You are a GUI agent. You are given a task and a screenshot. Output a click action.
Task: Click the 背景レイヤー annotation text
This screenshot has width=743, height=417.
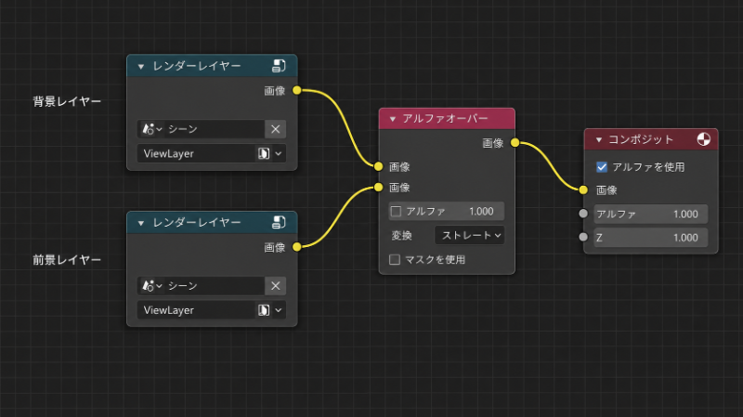[x=67, y=101]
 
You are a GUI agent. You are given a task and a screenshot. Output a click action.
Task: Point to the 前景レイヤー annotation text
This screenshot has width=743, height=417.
[x=67, y=260]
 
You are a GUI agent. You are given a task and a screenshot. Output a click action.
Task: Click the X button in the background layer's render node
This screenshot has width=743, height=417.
[x=275, y=129]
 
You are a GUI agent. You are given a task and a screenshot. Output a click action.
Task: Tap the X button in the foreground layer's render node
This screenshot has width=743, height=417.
[x=275, y=286]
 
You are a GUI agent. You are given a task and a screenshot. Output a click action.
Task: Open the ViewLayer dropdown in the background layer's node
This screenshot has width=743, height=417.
[x=212, y=153]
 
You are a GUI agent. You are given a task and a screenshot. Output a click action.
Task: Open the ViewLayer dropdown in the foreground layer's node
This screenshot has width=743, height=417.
[x=212, y=310]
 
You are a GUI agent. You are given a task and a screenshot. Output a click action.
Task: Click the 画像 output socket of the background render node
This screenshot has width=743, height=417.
[x=296, y=90]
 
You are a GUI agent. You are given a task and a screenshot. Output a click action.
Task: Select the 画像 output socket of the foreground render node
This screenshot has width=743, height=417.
[x=296, y=247]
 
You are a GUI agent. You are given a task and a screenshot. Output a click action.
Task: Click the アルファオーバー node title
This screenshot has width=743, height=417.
[x=445, y=119]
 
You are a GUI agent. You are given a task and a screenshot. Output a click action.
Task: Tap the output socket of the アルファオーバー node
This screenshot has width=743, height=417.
[x=515, y=143]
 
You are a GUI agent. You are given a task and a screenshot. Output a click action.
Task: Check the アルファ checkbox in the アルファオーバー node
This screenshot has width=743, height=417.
[x=397, y=212]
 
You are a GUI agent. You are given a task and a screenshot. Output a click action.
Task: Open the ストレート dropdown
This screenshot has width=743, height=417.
[x=469, y=236]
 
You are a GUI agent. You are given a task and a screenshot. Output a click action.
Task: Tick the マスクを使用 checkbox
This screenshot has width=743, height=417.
[x=395, y=260]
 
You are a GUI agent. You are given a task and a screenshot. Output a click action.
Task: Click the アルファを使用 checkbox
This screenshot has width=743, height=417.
[x=602, y=167]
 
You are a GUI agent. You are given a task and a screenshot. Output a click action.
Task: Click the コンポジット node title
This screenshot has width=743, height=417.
[x=641, y=139]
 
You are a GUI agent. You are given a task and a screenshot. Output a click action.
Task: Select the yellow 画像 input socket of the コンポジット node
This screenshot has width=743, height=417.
[x=583, y=190]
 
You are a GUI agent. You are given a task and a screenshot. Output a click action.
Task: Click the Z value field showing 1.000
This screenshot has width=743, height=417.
[x=651, y=238]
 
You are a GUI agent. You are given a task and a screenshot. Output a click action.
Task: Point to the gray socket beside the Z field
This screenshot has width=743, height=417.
[x=583, y=237]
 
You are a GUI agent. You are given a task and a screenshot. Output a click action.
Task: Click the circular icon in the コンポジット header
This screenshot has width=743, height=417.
[x=704, y=139]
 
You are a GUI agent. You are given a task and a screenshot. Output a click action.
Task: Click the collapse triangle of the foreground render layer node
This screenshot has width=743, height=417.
[x=141, y=223]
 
